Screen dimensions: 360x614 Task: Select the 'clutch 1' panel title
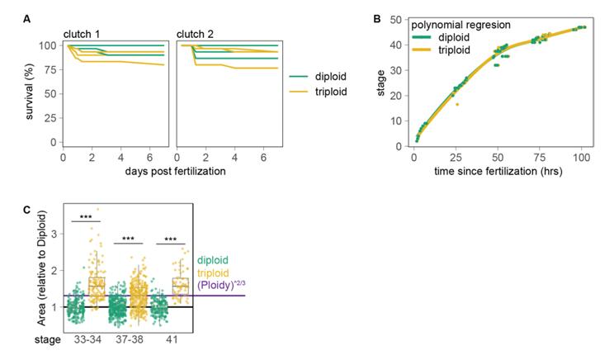(83, 33)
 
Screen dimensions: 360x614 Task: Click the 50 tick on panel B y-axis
(399, 18)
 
